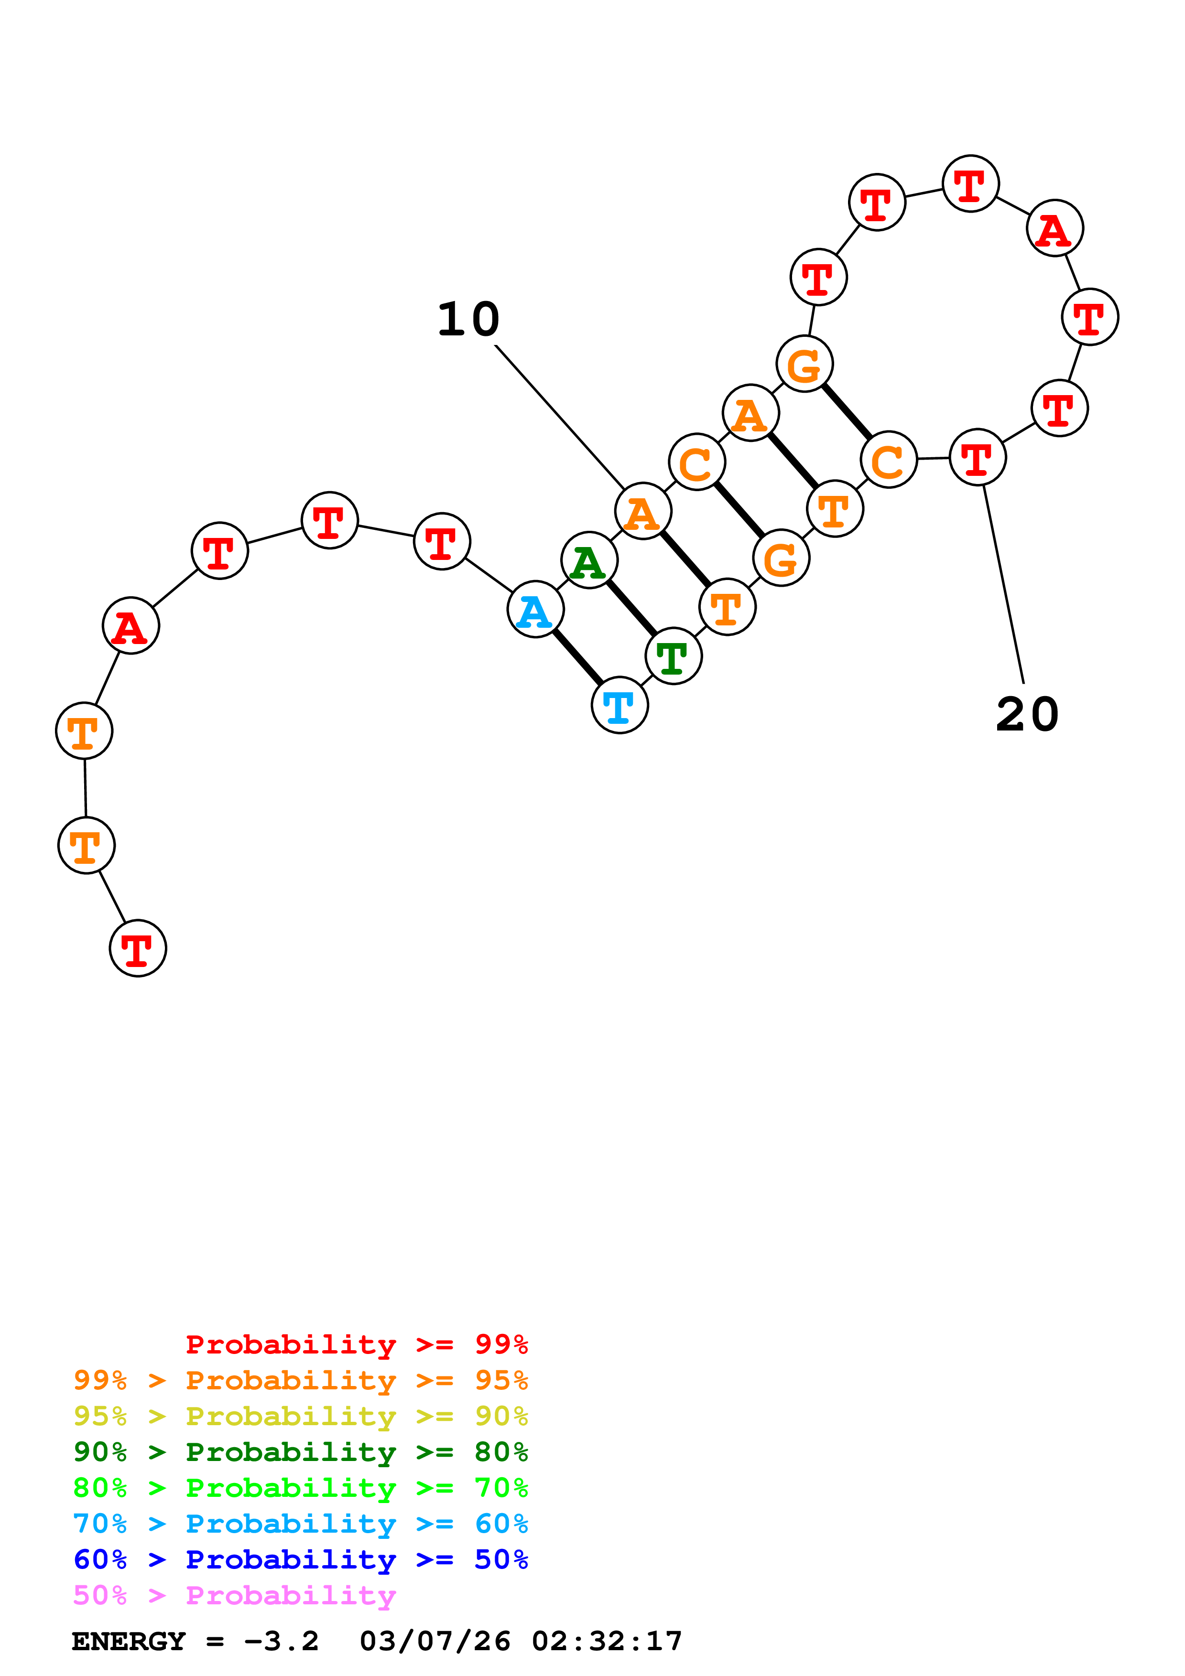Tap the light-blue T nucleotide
[x=619, y=705]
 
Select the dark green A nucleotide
[x=589, y=560]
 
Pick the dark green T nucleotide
[x=673, y=656]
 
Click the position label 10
[x=468, y=319]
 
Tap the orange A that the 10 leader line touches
[x=642, y=511]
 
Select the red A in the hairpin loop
[x=1055, y=228]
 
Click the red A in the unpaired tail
[x=130, y=625]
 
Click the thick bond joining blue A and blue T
[x=577, y=657]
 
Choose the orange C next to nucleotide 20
[x=888, y=460]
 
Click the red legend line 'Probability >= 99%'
[x=356, y=1344]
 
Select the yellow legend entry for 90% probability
[x=300, y=1416]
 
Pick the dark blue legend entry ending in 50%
[x=300, y=1559]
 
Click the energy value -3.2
[x=281, y=1641]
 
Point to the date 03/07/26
[x=435, y=1641]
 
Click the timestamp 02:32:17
[x=607, y=1641]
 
